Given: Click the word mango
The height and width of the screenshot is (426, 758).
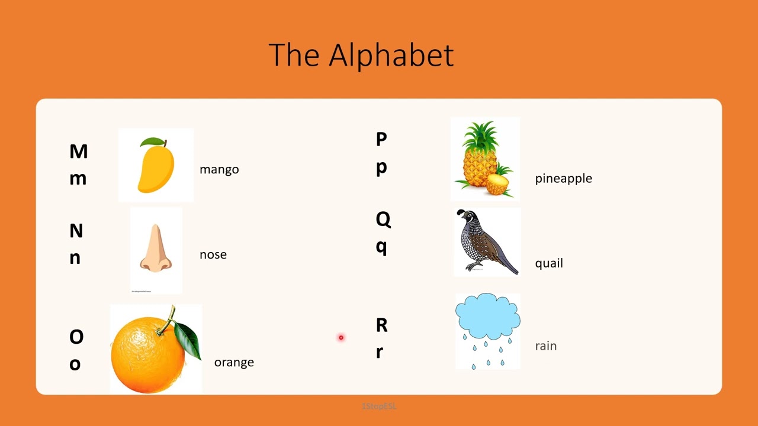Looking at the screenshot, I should (219, 170).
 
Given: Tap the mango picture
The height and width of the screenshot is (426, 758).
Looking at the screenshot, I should (156, 166).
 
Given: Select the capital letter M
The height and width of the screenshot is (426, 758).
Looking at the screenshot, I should (78, 151).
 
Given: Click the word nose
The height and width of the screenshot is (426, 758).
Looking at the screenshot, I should (213, 254).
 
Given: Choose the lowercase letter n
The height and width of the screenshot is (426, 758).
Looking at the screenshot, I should (75, 257).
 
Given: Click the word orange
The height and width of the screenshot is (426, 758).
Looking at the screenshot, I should (234, 362).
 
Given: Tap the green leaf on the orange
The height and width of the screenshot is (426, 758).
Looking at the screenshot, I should (188, 339).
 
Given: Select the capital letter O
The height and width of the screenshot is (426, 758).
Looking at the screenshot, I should (76, 337).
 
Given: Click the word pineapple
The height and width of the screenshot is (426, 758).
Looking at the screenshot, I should (563, 179).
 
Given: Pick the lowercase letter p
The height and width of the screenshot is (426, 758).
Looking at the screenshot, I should (381, 167).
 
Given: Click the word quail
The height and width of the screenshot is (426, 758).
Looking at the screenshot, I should (549, 263).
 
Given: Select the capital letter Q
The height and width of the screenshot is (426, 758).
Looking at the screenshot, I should (383, 220).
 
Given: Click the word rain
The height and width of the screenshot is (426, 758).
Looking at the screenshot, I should (545, 346).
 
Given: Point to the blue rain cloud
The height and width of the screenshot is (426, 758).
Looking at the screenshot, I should (487, 316).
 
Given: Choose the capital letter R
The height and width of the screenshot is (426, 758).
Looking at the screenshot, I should (381, 325).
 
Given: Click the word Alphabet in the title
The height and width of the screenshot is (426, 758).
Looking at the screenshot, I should (391, 55).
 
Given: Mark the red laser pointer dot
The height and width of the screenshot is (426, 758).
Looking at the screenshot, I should (341, 337).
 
